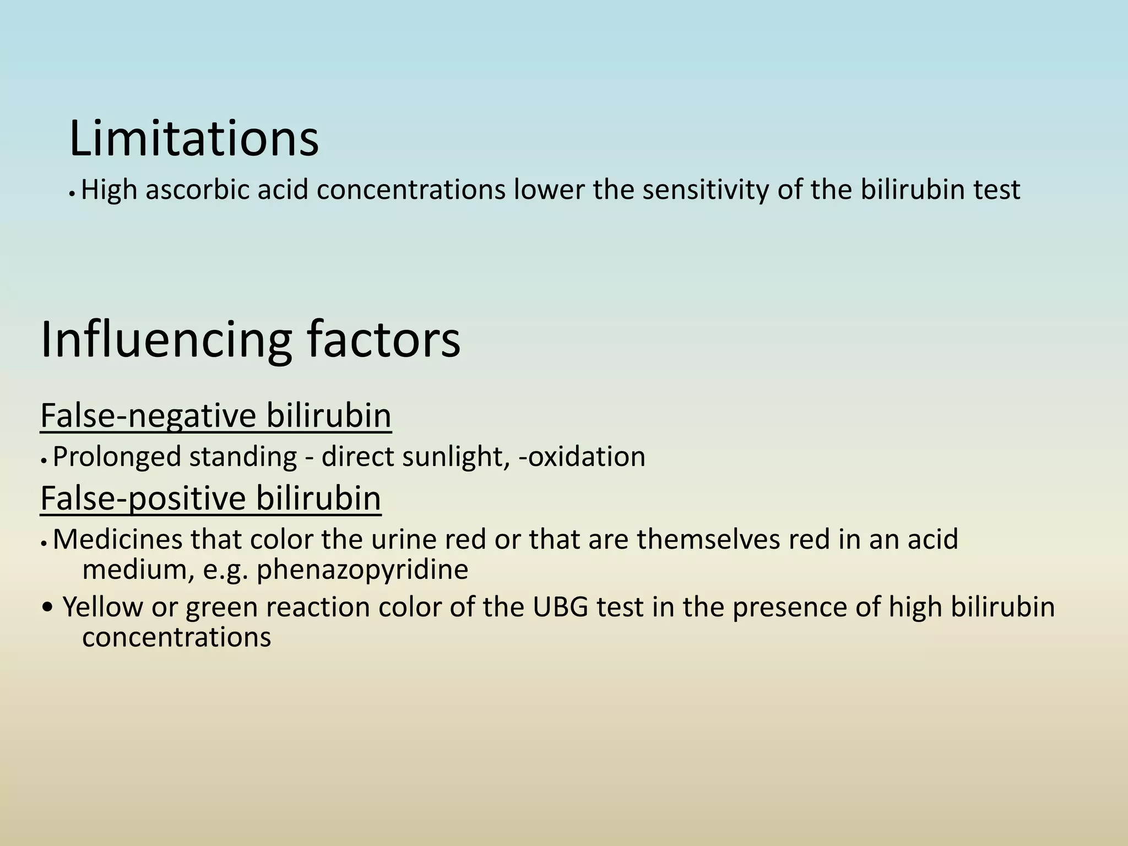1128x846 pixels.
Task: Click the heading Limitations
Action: (194, 139)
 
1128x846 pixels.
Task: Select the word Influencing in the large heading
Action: (165, 340)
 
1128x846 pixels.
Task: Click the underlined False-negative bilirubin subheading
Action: (215, 416)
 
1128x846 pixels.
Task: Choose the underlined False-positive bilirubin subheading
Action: (210, 498)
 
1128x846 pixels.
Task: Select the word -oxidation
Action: (582, 457)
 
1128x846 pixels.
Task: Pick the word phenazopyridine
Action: (362, 570)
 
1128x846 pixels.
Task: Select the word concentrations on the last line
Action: (176, 638)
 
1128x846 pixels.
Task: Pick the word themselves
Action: (708, 540)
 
